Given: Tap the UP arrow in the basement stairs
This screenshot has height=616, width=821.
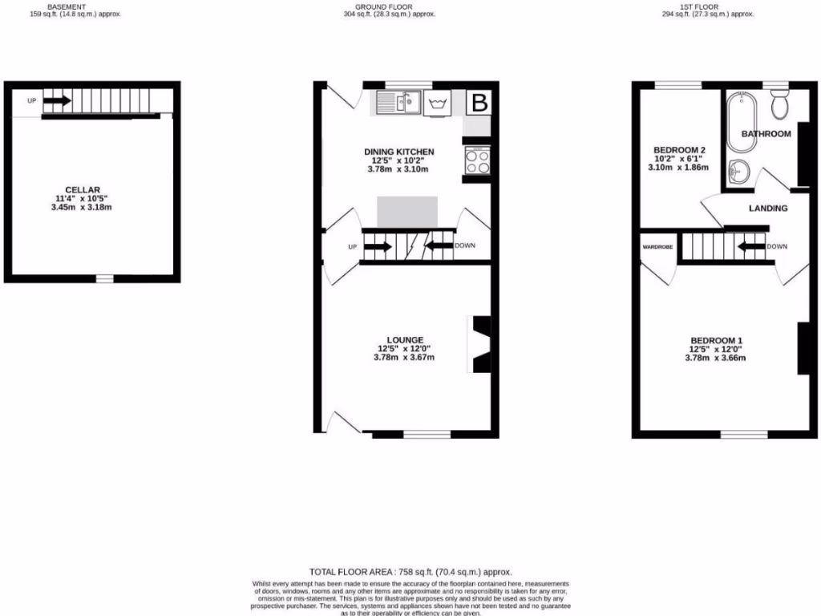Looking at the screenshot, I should click(x=56, y=101).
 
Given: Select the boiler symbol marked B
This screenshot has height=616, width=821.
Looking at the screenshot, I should click(x=479, y=103).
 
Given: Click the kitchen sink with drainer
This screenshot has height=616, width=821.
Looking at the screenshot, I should click(x=398, y=103).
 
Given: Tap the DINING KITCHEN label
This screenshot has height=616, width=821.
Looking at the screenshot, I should click(x=398, y=152).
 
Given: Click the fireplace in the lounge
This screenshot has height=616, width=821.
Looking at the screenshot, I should click(x=479, y=344).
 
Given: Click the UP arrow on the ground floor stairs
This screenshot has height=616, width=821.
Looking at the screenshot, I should click(x=378, y=247).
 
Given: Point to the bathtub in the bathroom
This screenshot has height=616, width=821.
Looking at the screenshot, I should click(x=736, y=123).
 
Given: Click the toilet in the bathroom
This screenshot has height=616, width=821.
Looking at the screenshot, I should click(x=779, y=103).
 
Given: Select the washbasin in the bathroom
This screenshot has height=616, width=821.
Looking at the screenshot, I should click(x=738, y=171).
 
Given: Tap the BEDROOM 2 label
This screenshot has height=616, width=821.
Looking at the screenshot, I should click(x=679, y=150).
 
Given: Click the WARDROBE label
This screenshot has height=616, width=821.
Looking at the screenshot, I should click(x=657, y=247).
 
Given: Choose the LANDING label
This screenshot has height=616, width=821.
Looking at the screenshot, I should click(x=768, y=209).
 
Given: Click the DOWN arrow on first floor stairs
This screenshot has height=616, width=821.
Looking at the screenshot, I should click(x=750, y=247).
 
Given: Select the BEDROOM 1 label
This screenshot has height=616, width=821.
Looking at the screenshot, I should click(x=715, y=340).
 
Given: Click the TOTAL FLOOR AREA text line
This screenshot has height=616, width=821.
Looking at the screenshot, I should click(x=410, y=571).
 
